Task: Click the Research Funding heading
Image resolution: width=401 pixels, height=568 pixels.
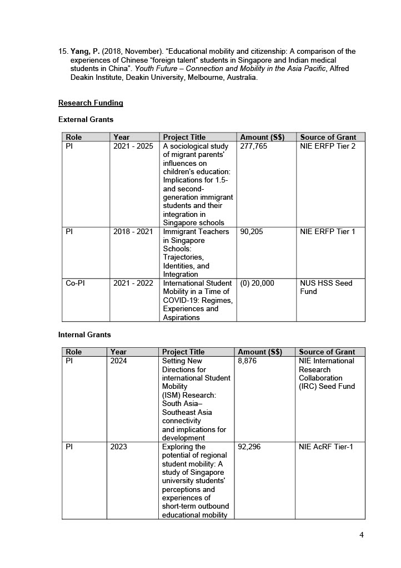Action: (91, 103)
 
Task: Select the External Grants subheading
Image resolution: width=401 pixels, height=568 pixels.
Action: (86, 120)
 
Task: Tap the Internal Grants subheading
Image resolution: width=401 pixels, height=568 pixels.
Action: (84, 335)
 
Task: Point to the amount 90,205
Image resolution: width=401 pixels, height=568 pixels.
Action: (252, 232)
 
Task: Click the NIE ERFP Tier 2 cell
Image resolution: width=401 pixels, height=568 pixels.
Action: (328, 146)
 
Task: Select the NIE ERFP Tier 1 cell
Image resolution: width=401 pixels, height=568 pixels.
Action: (328, 232)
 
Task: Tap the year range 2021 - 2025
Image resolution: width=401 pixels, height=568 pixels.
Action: (133, 146)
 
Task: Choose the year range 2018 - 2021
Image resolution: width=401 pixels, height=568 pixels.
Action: (133, 232)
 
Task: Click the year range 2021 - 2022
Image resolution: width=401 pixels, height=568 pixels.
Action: (133, 283)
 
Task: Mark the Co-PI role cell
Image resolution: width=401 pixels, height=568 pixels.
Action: (74, 283)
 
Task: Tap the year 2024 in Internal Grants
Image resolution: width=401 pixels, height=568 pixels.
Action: (118, 361)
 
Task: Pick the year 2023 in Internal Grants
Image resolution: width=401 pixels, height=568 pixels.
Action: (118, 447)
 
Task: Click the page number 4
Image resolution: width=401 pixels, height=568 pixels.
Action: (362, 535)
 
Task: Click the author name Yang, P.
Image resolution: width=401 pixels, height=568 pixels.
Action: (84, 52)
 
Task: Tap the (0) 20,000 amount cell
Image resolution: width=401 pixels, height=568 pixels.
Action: (257, 283)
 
